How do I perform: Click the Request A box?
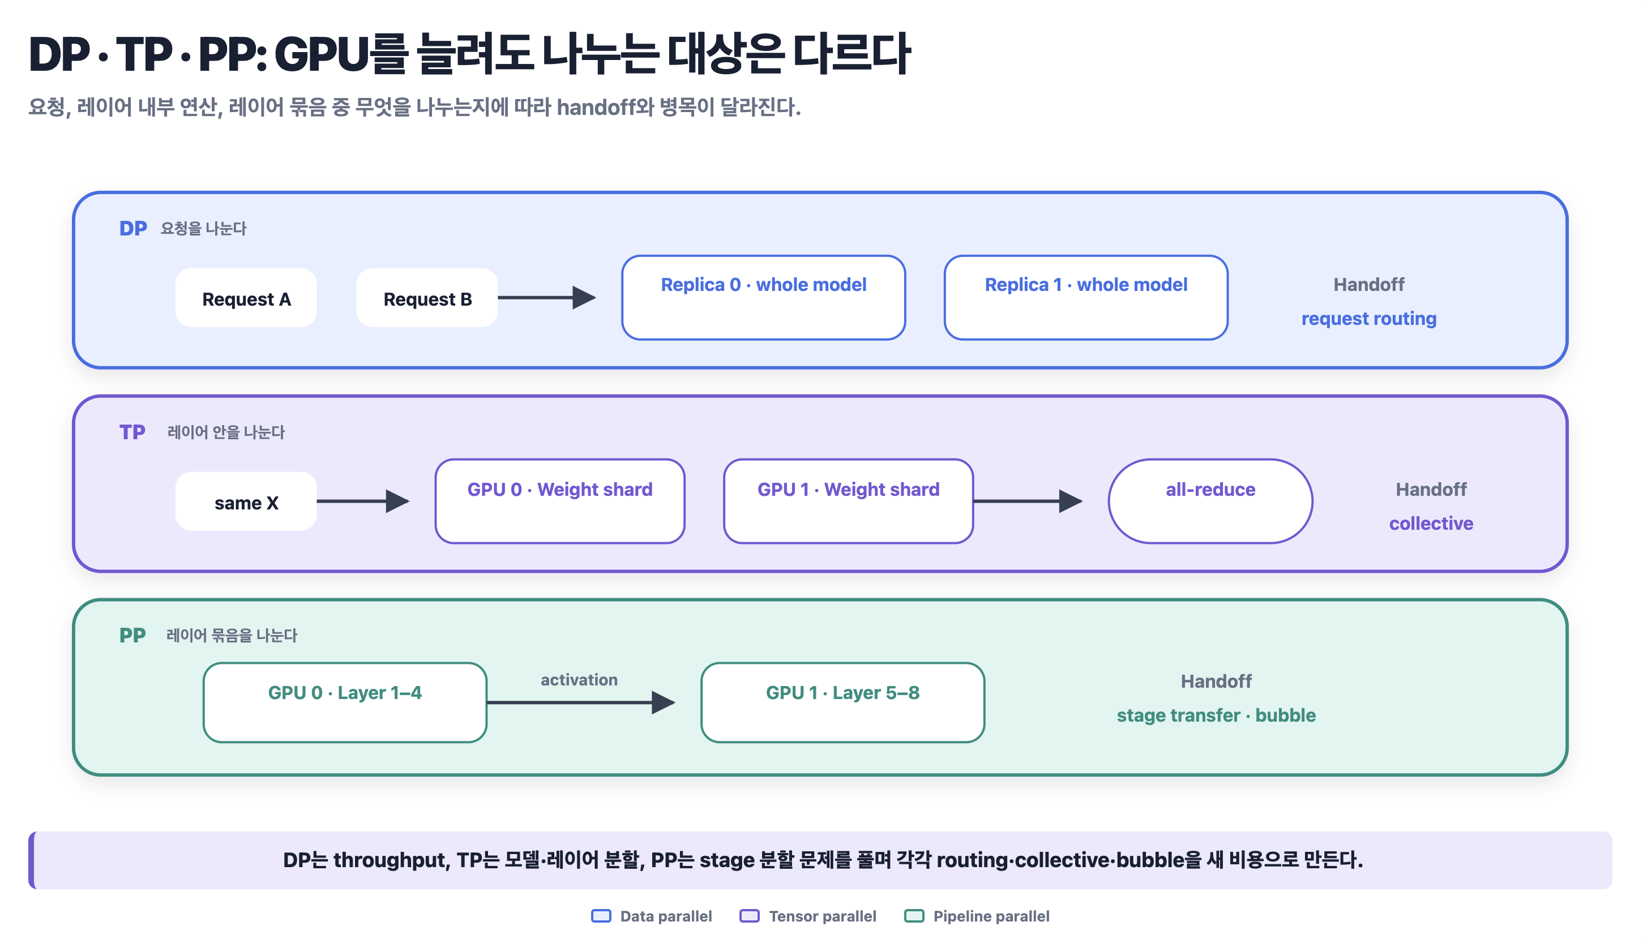[246, 298]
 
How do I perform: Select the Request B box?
[427, 298]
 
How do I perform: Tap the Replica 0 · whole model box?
[764, 297]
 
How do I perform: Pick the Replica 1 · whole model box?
[1086, 297]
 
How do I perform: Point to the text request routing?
[1369, 319]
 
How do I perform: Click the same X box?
[246, 501]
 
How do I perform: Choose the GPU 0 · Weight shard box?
[560, 501]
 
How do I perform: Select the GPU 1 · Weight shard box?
[848, 501]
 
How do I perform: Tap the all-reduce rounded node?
[1210, 501]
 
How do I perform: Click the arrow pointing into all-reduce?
[1028, 501]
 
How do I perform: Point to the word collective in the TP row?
[1431, 524]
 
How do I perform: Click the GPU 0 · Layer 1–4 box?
[345, 702]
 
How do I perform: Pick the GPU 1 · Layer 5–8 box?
[842, 702]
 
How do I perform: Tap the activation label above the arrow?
[579, 680]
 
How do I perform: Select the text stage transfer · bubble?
[1216, 715]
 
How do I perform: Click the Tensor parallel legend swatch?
[749, 916]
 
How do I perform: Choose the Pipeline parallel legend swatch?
[914, 916]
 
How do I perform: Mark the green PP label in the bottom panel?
[132, 635]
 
